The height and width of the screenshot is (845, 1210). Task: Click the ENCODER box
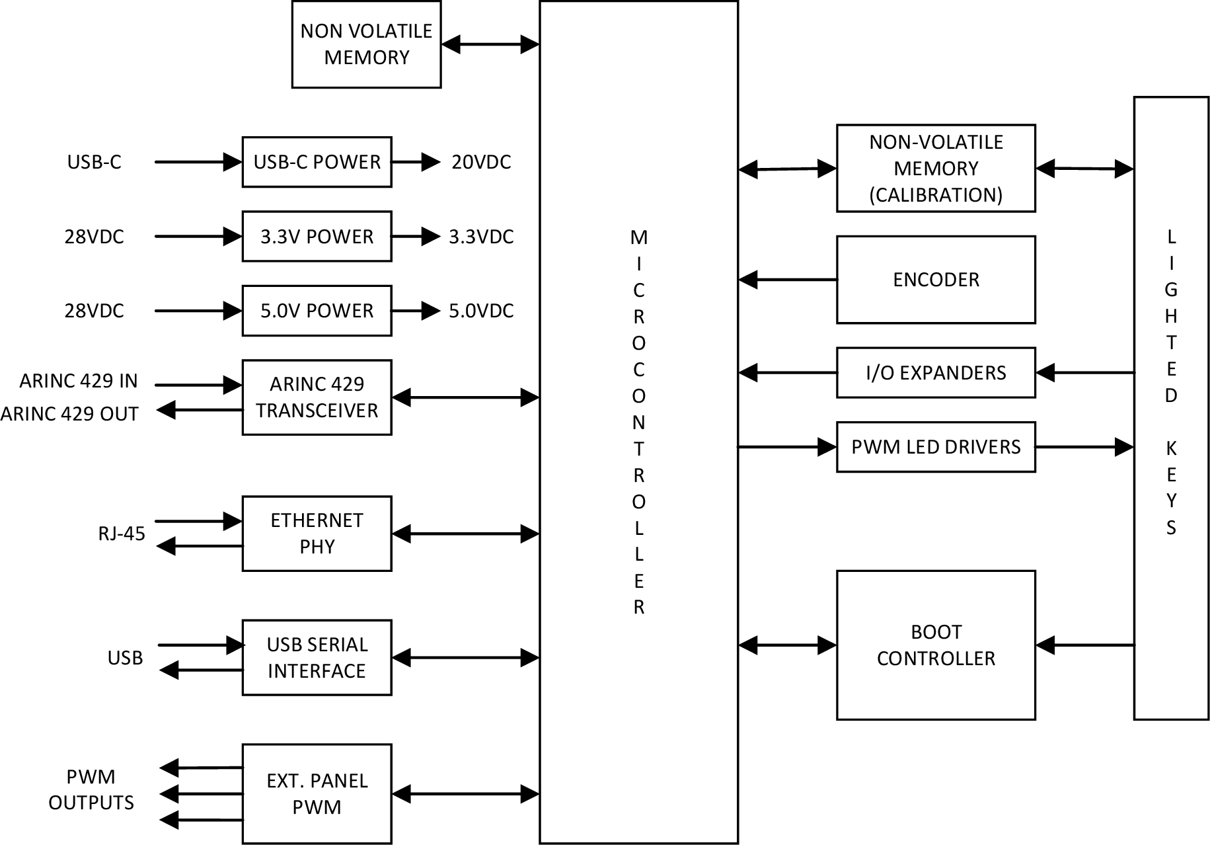tap(935, 280)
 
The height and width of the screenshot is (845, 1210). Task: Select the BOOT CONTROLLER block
tap(935, 645)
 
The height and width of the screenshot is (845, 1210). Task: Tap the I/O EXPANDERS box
tap(935, 372)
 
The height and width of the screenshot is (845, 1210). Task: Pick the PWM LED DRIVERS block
tap(935, 447)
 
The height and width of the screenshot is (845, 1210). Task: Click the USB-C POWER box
tap(317, 162)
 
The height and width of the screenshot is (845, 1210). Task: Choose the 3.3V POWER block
tap(317, 236)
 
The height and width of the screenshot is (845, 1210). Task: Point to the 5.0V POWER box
tap(317, 311)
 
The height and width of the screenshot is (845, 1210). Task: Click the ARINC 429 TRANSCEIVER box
tap(317, 397)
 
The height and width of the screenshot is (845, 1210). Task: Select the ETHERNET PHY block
tap(317, 534)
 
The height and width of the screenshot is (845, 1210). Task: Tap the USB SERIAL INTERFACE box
tap(317, 658)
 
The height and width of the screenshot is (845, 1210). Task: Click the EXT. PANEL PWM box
tap(317, 793)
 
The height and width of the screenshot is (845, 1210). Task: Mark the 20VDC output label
tap(481, 162)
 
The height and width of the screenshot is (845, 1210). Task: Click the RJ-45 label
tap(122, 534)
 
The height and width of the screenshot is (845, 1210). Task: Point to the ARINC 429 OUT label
tap(69, 414)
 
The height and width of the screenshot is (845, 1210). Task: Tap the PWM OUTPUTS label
tap(91, 789)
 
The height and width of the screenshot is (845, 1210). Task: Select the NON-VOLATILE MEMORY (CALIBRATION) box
tap(935, 168)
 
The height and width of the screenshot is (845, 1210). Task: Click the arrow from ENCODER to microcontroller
tap(787, 280)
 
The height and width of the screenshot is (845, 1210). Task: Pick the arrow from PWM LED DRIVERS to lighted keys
tap(1084, 447)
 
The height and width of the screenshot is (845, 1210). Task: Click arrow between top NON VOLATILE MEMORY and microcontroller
tap(490, 44)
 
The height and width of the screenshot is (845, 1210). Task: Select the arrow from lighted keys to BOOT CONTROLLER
tap(1084, 645)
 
